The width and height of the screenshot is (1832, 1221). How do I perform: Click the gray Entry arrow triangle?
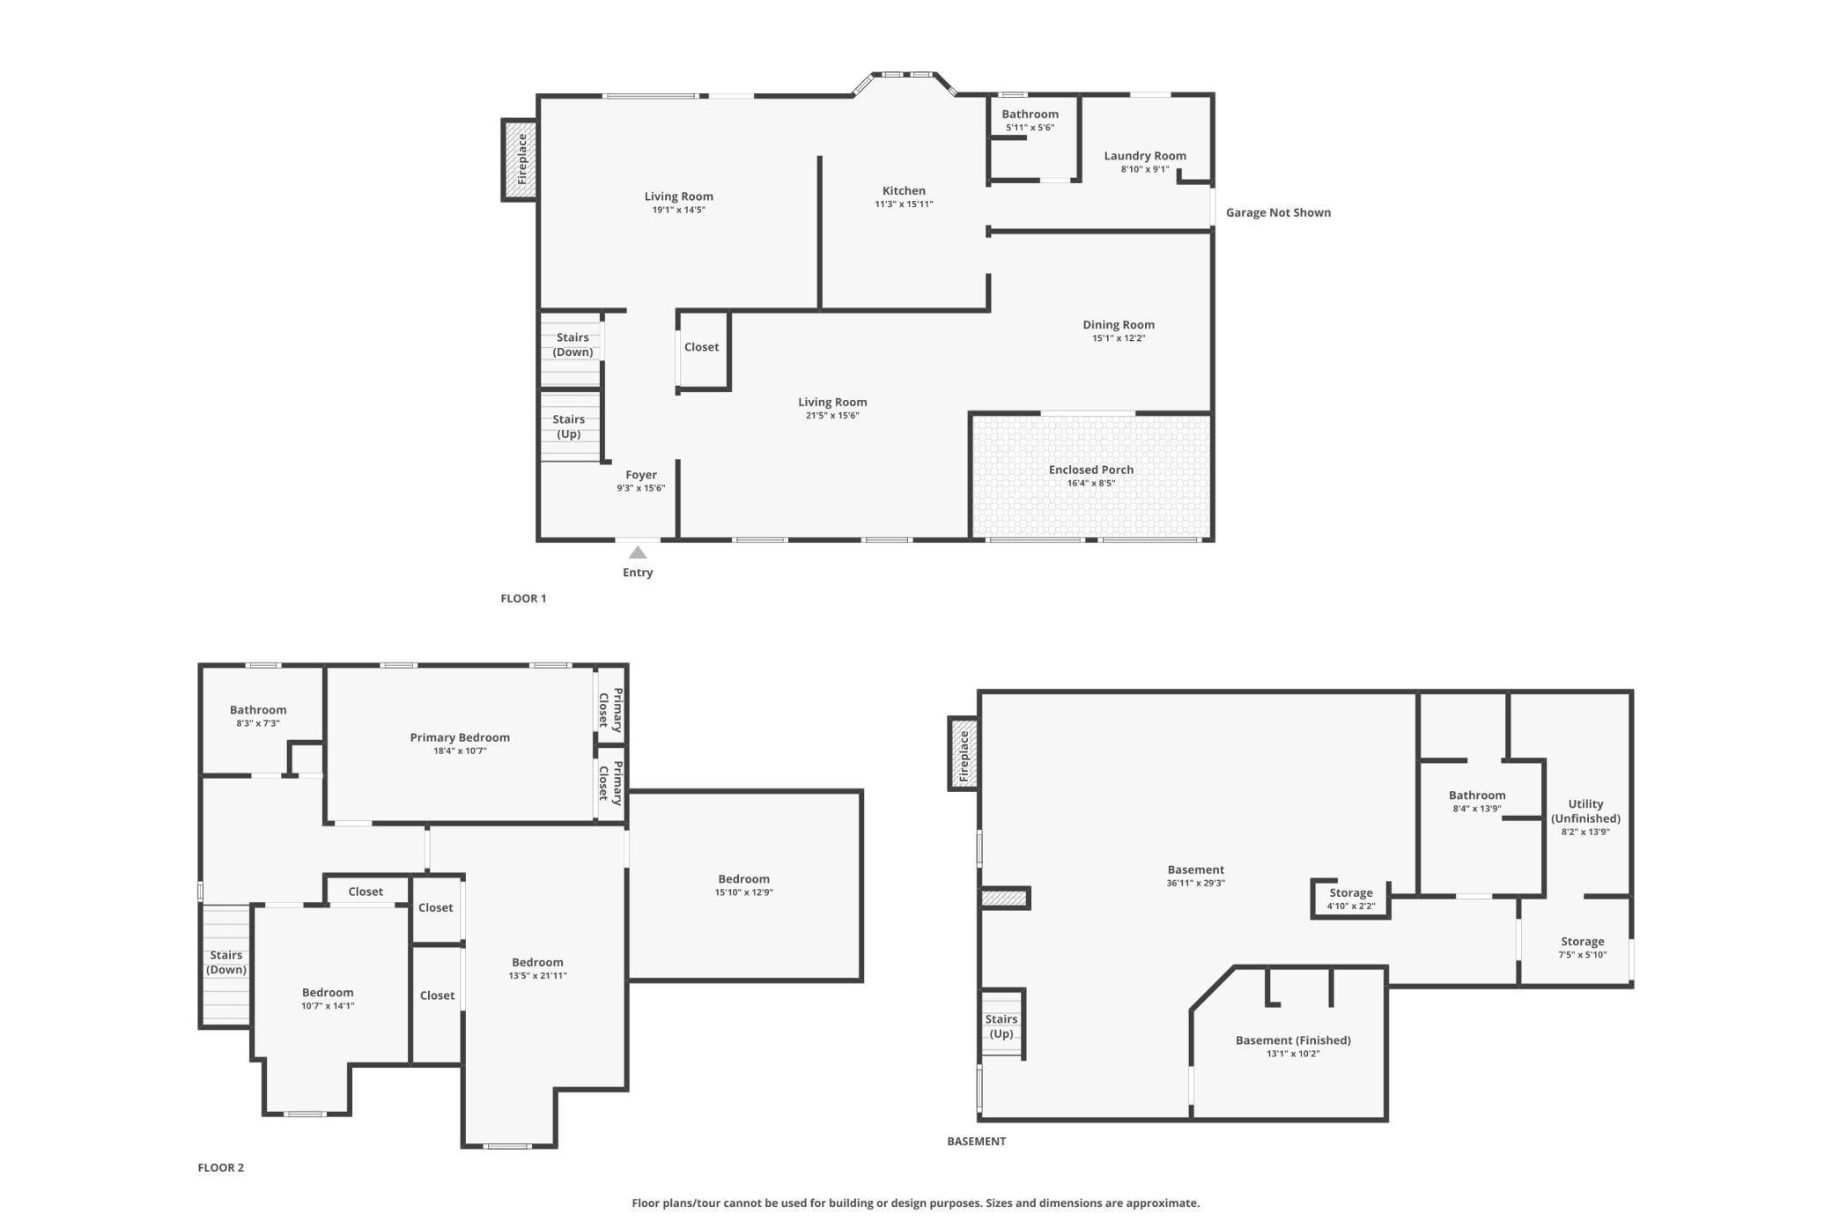tap(638, 552)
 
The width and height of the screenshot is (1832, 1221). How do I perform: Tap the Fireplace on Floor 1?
tap(521, 160)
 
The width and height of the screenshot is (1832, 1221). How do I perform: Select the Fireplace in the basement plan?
tap(964, 753)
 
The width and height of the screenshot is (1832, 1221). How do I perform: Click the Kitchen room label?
tap(904, 190)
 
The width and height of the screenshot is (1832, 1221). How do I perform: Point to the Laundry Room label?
tap(1145, 156)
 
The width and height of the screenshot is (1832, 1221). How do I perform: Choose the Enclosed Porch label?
tap(1091, 470)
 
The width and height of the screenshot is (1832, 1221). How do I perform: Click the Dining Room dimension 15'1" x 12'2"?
tap(1119, 338)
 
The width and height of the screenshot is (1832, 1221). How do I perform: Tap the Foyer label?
tap(641, 475)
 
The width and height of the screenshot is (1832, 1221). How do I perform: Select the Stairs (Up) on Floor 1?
tap(570, 425)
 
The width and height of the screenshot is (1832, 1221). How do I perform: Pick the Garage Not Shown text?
tap(1278, 212)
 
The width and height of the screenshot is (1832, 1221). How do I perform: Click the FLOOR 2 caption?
tap(221, 1167)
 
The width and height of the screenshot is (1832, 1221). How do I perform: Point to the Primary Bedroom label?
tap(460, 737)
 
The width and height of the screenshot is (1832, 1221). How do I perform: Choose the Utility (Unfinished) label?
tap(1585, 811)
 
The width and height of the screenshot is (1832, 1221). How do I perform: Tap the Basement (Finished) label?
tap(1293, 1040)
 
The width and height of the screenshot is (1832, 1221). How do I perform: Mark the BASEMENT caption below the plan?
tap(976, 1141)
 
